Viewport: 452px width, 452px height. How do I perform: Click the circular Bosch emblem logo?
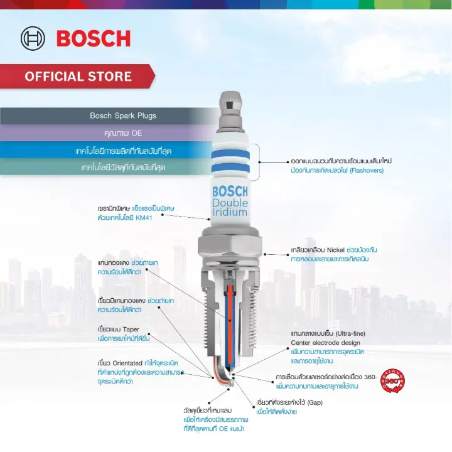click(33, 38)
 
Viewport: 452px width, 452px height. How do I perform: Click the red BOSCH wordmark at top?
click(94, 38)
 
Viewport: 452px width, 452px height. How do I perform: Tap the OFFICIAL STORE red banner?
click(78, 77)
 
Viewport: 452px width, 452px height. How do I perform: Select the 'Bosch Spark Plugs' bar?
click(123, 116)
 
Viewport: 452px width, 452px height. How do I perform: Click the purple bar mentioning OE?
click(123, 133)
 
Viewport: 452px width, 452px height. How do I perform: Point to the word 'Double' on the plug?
click(230, 203)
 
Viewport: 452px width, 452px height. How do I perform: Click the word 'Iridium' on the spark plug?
click(230, 212)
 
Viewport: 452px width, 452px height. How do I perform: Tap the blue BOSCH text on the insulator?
click(230, 191)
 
